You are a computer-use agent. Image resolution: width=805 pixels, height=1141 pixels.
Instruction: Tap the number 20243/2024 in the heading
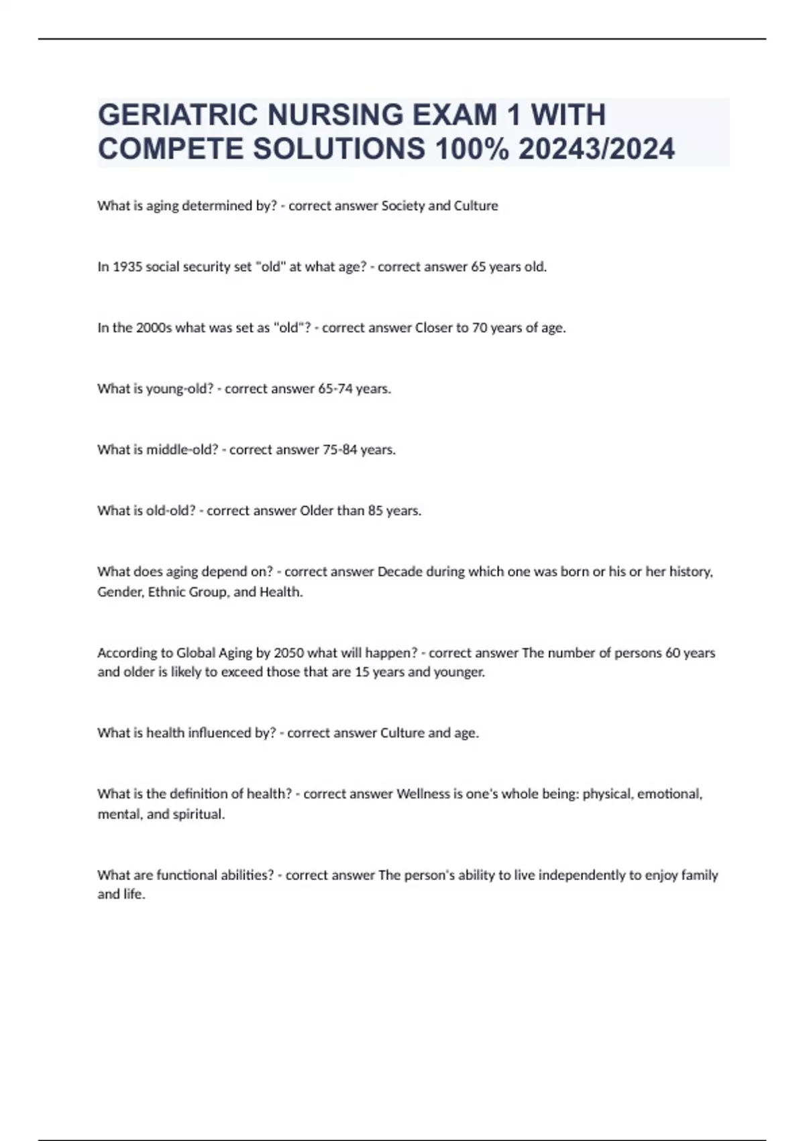[x=596, y=149]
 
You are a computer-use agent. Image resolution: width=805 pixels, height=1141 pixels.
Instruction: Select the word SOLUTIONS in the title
[x=339, y=149]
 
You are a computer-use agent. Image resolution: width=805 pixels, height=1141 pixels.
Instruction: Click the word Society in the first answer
[x=402, y=206]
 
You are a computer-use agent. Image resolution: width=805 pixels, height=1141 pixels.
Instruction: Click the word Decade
[x=400, y=572]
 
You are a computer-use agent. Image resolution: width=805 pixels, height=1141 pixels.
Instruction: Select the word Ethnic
[x=166, y=592]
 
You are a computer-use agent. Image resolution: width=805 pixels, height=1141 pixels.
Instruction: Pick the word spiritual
[x=199, y=814]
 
